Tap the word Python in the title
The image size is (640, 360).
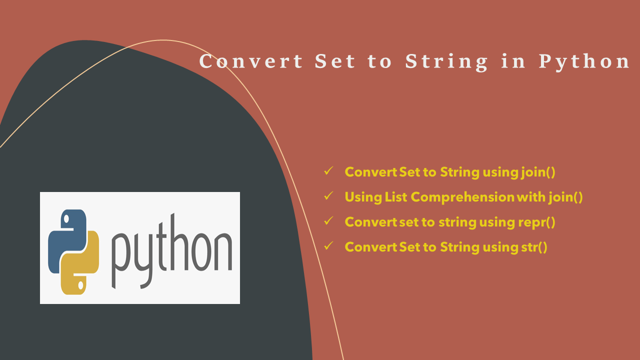[584, 61]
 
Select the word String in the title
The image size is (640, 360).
[446, 61]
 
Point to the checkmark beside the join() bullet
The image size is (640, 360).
[328, 171]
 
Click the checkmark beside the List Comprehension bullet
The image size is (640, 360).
[328, 196]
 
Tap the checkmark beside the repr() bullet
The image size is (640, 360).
[328, 221]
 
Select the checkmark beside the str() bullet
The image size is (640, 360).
[328, 246]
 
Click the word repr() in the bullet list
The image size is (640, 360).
[536, 221]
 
